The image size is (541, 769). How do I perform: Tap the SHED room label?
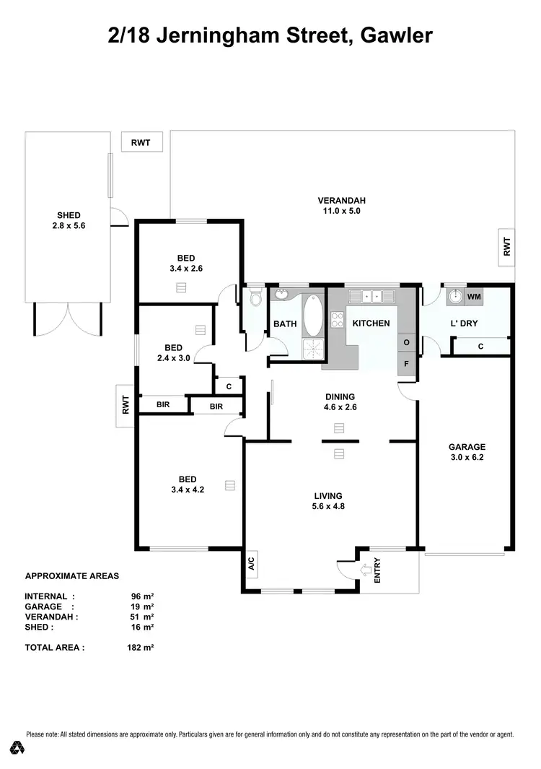tap(69, 220)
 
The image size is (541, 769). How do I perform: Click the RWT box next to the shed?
tap(141, 142)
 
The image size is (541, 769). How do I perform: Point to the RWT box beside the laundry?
tap(506, 248)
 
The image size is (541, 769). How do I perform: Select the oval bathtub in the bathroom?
tap(313, 316)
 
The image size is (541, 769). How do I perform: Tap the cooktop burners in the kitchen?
tap(337, 320)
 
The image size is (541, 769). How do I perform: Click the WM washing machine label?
tap(473, 297)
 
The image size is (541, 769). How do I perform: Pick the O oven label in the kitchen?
tap(407, 342)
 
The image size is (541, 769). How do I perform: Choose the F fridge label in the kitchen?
tap(407, 364)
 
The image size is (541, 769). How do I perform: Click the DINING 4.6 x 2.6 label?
tap(340, 401)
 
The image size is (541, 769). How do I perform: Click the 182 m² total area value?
tap(140, 648)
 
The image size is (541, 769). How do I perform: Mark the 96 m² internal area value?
tap(140, 596)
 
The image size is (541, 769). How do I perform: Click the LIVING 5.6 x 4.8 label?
tap(327, 500)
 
